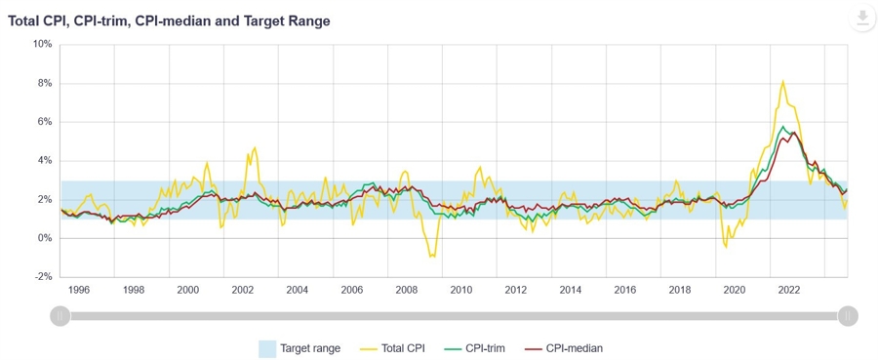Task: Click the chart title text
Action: pyautogui.click(x=169, y=20)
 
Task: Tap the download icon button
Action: pyautogui.click(x=862, y=19)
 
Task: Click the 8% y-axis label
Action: pyautogui.click(x=44, y=83)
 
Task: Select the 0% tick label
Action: pyautogui.click(x=44, y=238)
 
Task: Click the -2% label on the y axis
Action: pyautogui.click(x=42, y=276)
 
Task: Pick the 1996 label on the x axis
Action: pyautogui.click(x=79, y=290)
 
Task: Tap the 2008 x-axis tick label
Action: pyautogui.click(x=407, y=290)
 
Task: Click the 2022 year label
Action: pyautogui.click(x=789, y=290)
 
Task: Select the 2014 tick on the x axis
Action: pyautogui.click(x=571, y=290)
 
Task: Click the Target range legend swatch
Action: pyautogui.click(x=267, y=347)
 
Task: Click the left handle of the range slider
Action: pyautogui.click(x=60, y=316)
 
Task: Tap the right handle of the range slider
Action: pyautogui.click(x=848, y=316)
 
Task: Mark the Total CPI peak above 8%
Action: pyautogui.click(x=783, y=82)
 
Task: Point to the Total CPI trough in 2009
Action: pyautogui.click(x=432, y=256)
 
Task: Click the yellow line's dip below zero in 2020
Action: pyautogui.click(x=726, y=247)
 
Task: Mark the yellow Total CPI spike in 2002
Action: pyautogui.click(x=255, y=149)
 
